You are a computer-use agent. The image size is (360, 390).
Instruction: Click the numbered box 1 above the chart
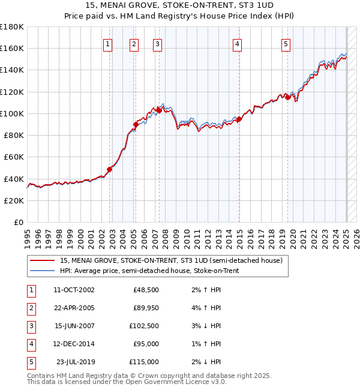107,44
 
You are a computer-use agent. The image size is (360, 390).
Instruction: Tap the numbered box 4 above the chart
238,44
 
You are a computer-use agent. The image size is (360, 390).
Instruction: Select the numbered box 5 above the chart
286,44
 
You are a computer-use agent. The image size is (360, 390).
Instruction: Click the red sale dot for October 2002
110,169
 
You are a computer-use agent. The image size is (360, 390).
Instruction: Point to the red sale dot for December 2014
239,119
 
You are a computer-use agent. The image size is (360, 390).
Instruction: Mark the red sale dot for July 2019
287,97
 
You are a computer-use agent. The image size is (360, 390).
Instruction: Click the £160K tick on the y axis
12,48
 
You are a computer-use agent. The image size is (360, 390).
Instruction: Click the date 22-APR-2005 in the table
74,308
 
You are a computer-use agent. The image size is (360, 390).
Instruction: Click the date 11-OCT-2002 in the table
74,290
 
